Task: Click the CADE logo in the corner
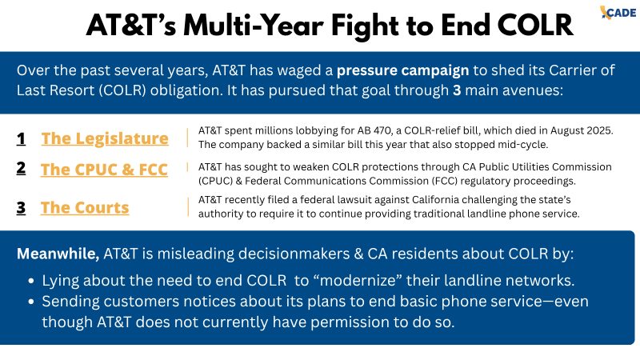coord(618,12)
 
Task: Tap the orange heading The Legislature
coord(105,138)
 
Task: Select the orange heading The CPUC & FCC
coord(104,170)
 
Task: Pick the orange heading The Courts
coord(85,207)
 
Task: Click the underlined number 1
coord(21,138)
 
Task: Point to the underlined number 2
coord(21,168)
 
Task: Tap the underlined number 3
coord(21,208)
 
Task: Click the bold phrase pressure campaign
coord(402,70)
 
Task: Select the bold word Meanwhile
coord(58,254)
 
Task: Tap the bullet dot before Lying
coord(31,282)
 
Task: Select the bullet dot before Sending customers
coord(31,302)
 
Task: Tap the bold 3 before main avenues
coord(457,90)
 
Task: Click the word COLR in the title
coord(535,26)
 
